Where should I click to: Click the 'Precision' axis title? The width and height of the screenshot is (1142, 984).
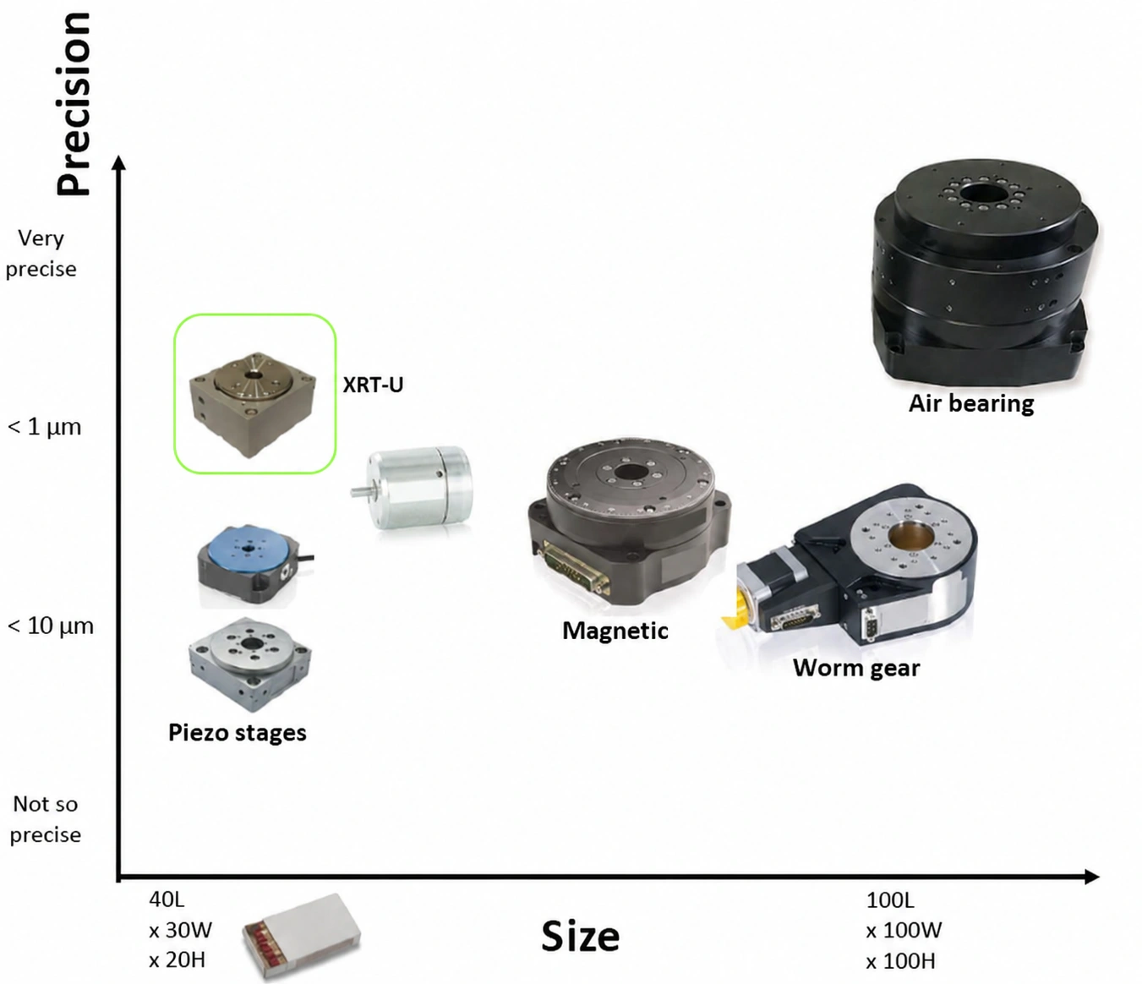point(74,104)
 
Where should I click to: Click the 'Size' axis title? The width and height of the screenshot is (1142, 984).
point(580,937)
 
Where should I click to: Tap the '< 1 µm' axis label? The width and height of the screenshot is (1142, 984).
point(44,427)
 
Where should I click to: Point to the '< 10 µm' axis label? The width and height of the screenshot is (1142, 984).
point(50,626)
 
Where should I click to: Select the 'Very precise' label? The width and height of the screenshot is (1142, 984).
point(41,254)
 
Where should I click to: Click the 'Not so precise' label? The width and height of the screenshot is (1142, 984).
point(46,819)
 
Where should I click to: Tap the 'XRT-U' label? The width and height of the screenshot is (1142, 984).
point(373,385)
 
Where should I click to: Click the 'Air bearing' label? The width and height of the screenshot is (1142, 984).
point(971,404)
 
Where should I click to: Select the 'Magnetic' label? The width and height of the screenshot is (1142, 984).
point(615,631)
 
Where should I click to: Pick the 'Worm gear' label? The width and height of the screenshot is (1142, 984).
point(856,668)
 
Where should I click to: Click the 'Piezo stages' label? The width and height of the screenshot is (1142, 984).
point(237,733)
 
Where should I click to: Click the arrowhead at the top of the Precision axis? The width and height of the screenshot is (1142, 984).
point(119,162)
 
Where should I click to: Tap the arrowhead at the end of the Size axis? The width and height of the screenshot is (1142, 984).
point(1092,877)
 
